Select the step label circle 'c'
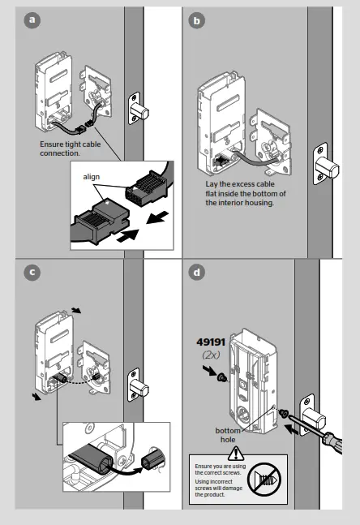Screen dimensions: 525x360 [x=32, y=273]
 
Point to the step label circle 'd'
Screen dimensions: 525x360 [x=195, y=273]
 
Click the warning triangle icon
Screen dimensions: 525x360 [x=236, y=454]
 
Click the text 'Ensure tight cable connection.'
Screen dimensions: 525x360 [x=71, y=148]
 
